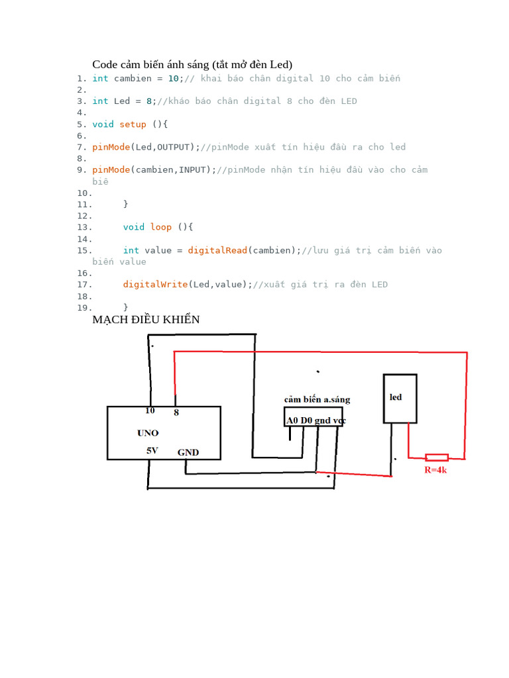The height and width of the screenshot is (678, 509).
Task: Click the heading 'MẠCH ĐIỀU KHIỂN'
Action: (146, 320)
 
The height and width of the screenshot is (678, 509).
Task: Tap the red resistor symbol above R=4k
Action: (437, 457)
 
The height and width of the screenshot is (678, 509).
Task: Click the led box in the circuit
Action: (400, 398)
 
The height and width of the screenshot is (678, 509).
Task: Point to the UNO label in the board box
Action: (148, 433)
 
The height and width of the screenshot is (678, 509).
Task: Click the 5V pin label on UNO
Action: (153, 451)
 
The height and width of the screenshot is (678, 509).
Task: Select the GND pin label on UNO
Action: (188, 453)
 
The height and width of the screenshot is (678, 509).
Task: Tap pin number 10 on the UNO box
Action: (150, 411)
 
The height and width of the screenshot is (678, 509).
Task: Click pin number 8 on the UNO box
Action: (176, 412)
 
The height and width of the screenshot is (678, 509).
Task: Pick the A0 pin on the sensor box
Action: (292, 420)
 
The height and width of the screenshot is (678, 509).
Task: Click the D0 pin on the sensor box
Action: (306, 420)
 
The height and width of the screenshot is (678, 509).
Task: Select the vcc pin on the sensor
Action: (339, 420)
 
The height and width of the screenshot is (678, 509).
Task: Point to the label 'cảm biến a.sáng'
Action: (317, 399)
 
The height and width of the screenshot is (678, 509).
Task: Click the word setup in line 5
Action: (133, 124)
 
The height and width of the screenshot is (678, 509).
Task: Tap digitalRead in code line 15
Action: (217, 250)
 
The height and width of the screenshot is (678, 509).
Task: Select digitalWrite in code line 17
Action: (155, 285)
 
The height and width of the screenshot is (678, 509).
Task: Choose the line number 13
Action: (84, 227)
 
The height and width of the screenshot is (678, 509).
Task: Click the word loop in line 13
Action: (161, 227)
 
